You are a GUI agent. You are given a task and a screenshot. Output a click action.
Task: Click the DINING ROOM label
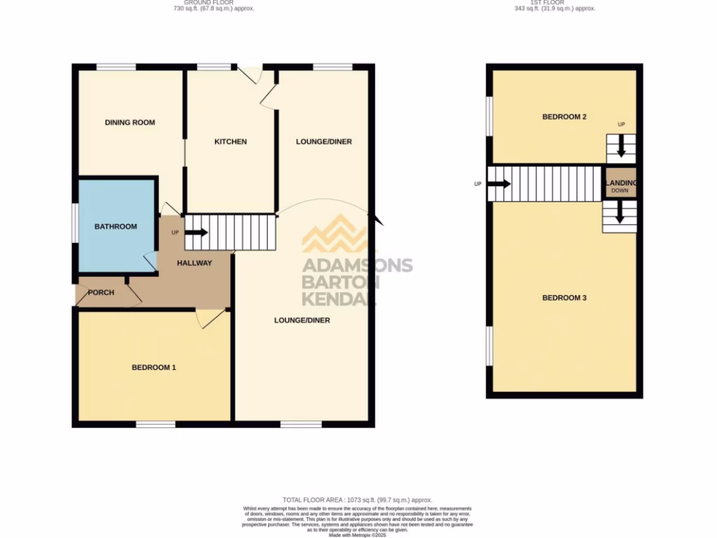[x=130, y=123]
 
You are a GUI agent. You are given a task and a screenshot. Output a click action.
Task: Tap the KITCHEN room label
[x=230, y=142]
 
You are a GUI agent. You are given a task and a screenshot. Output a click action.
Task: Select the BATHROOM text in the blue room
[x=116, y=226]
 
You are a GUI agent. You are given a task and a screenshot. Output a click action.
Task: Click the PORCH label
[x=101, y=293]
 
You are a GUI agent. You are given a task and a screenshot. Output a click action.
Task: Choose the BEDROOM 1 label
[x=153, y=367]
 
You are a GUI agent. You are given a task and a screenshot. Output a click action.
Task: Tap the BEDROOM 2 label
[x=564, y=117]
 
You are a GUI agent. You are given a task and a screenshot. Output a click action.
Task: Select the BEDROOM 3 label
[x=564, y=298]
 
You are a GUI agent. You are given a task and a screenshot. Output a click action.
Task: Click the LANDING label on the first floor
[x=620, y=183]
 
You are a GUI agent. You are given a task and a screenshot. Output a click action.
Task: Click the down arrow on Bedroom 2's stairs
[x=620, y=148]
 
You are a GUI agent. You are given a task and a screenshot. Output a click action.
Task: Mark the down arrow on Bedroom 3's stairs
[x=620, y=216]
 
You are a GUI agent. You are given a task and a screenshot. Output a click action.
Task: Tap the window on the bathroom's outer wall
[x=76, y=225]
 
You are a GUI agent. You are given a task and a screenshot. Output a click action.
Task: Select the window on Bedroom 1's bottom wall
[x=155, y=424]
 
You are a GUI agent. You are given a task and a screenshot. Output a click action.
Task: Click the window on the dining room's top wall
[x=116, y=67]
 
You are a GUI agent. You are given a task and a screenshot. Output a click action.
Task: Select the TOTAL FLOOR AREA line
[x=358, y=499]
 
